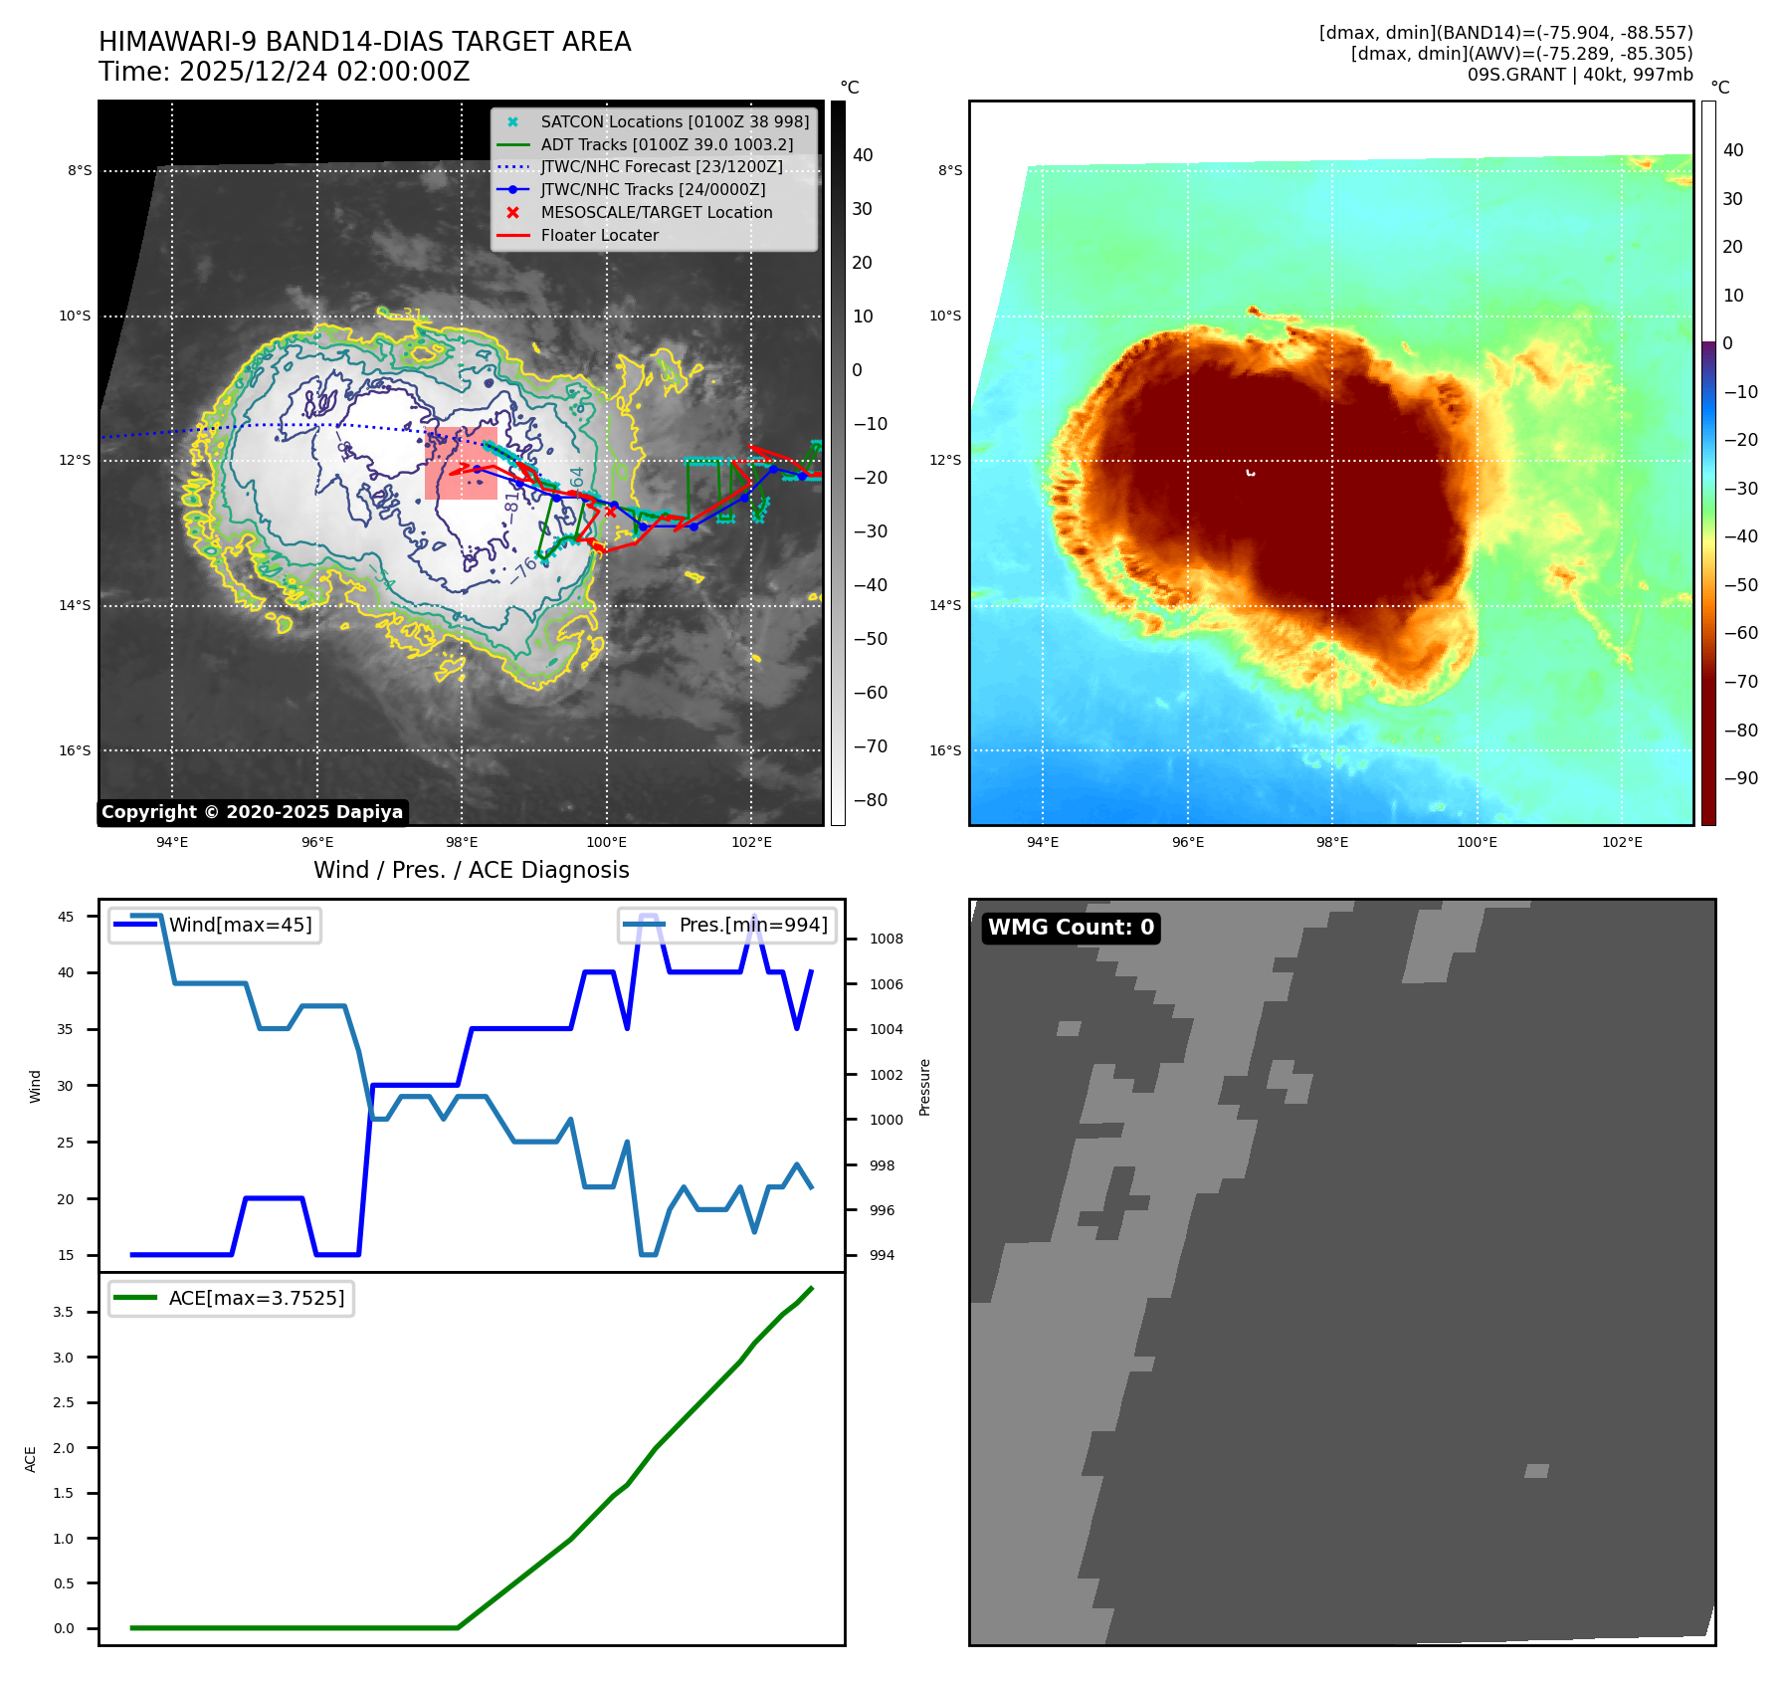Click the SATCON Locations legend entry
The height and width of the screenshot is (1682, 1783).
click(x=675, y=121)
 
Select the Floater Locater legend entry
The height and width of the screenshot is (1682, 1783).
click(x=599, y=235)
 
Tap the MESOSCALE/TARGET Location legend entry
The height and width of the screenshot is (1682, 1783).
click(x=656, y=212)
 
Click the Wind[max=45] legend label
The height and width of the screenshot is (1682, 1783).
click(x=240, y=925)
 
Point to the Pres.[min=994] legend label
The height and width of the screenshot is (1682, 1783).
click(x=752, y=925)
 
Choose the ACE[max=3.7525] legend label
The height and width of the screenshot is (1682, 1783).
click(x=257, y=1298)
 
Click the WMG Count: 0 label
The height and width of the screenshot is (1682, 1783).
click(x=1071, y=928)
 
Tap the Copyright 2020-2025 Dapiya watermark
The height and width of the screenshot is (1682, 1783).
click(x=252, y=812)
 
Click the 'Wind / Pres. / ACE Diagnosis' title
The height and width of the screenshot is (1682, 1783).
click(x=471, y=870)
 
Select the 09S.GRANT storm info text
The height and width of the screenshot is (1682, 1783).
click(x=1579, y=75)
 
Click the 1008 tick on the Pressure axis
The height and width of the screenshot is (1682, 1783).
click(x=886, y=939)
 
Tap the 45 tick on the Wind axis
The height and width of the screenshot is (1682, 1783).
click(x=66, y=917)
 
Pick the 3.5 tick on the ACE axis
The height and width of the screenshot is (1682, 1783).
click(x=64, y=1312)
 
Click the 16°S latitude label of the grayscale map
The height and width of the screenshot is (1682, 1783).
click(x=75, y=750)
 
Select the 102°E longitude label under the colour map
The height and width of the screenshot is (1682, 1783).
click(x=1622, y=842)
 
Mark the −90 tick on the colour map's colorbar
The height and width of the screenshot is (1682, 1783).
click(x=1740, y=778)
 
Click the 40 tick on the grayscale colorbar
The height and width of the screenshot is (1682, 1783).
click(x=863, y=155)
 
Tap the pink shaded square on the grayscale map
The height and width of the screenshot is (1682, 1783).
click(x=461, y=464)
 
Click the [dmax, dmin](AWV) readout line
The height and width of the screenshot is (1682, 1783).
click(x=1521, y=54)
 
